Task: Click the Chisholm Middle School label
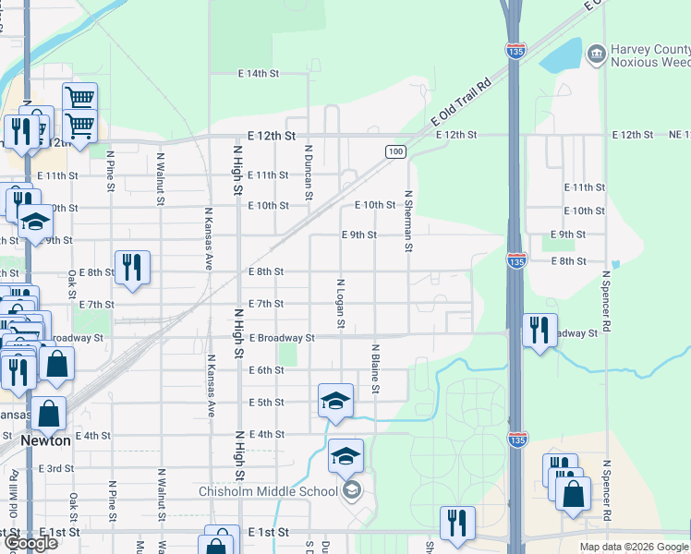coord(269,491)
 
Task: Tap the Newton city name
coord(46,441)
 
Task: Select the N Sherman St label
coord(407,222)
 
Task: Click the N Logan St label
coord(341,304)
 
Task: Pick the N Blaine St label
coord(376,369)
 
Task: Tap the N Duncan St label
coord(309,172)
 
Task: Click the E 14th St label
coord(258,73)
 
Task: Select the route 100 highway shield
coord(395,151)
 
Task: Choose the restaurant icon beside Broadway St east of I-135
coord(539,330)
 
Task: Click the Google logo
coord(31,544)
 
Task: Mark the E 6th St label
coord(266,370)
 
